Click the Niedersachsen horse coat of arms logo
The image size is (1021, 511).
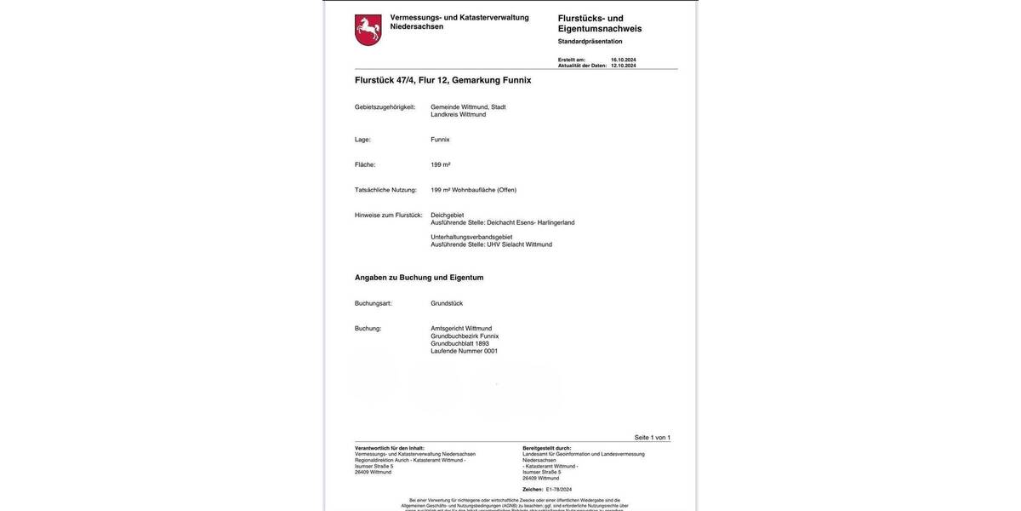click(x=368, y=30)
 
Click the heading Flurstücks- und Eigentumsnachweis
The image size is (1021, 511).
click(x=600, y=23)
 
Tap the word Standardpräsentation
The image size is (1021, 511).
click(x=590, y=41)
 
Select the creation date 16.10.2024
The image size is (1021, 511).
click(x=623, y=60)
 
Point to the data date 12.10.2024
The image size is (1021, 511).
click(x=623, y=66)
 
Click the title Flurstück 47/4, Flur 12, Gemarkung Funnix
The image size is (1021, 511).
click(x=442, y=80)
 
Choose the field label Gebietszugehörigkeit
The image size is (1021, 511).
click(x=385, y=107)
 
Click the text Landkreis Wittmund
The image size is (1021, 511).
click(x=458, y=114)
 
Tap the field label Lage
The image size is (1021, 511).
click(x=362, y=140)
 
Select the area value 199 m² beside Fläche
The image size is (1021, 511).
click(x=440, y=164)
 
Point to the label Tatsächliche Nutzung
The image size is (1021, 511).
click(x=385, y=190)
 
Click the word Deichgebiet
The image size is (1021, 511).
click(x=447, y=215)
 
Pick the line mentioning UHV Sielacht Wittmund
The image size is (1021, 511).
click(x=491, y=244)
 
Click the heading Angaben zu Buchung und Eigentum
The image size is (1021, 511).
click(x=419, y=278)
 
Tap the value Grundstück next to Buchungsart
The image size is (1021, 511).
click(x=447, y=303)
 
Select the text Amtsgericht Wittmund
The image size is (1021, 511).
click(x=461, y=329)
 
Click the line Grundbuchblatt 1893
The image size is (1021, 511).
click(x=459, y=343)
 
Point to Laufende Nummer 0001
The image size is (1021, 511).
click(x=464, y=351)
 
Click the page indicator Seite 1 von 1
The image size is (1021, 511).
click(x=652, y=438)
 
